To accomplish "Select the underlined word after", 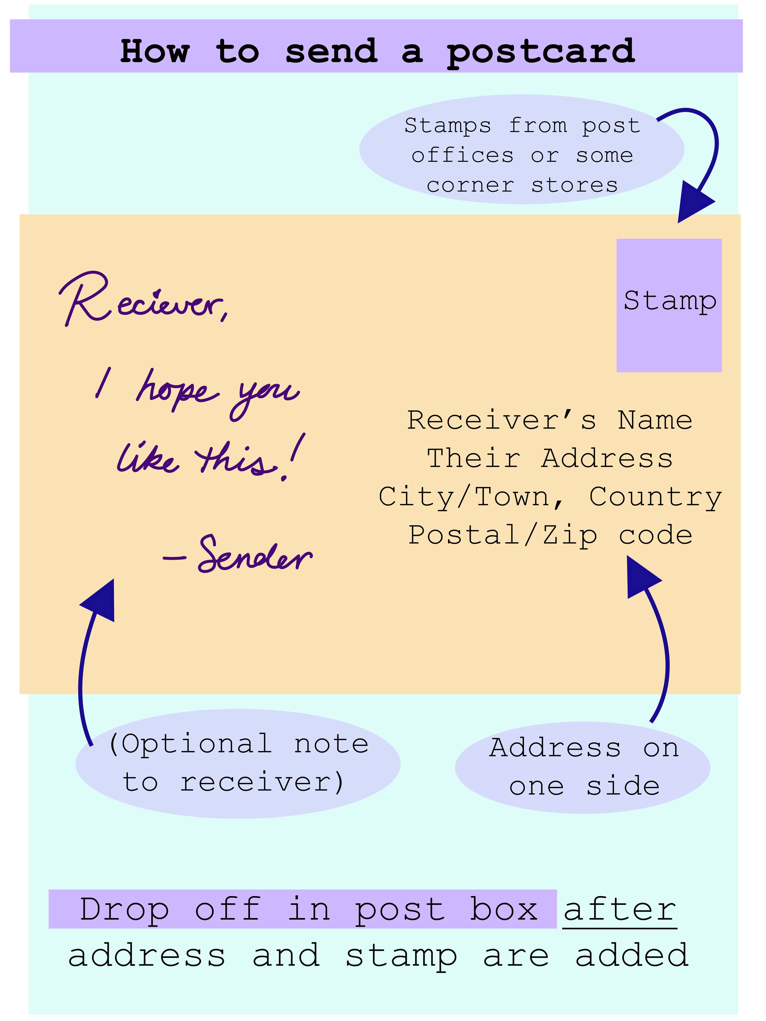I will pos(620,909).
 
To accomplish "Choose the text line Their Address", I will pos(549,458).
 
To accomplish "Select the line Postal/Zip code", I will pos(550,535).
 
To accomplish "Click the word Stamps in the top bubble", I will pos(447,126).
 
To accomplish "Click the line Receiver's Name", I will pos(549,420).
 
